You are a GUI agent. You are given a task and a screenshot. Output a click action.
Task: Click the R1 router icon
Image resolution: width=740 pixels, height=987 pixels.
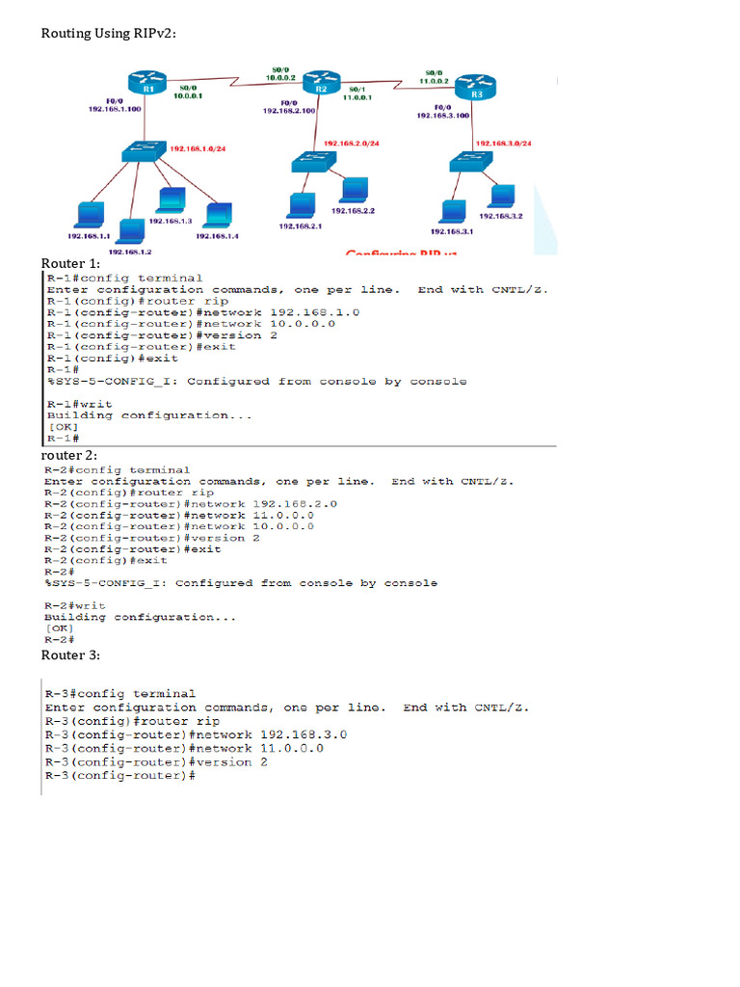149,85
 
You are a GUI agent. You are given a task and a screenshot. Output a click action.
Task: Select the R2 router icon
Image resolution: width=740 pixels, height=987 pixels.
322,84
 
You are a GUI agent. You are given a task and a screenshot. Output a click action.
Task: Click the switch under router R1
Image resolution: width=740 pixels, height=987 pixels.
143,152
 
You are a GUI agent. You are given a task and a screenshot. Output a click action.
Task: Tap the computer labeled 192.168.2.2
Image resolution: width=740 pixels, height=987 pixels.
353,189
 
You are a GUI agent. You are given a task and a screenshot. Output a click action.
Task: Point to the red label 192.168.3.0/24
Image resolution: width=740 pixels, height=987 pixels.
505,143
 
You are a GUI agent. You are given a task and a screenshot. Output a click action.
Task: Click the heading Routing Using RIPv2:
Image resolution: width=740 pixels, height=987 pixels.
108,34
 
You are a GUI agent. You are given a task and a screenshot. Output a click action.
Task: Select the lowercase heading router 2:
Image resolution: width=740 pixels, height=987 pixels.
68,455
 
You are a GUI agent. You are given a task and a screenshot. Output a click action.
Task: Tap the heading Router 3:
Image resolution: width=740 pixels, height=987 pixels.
70,655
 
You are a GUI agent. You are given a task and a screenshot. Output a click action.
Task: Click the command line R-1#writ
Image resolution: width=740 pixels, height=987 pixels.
79,404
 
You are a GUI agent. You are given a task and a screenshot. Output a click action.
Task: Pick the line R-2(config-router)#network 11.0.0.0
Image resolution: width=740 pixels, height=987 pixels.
178,515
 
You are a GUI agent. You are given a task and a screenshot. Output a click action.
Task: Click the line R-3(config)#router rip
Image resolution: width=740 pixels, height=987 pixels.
132,721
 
